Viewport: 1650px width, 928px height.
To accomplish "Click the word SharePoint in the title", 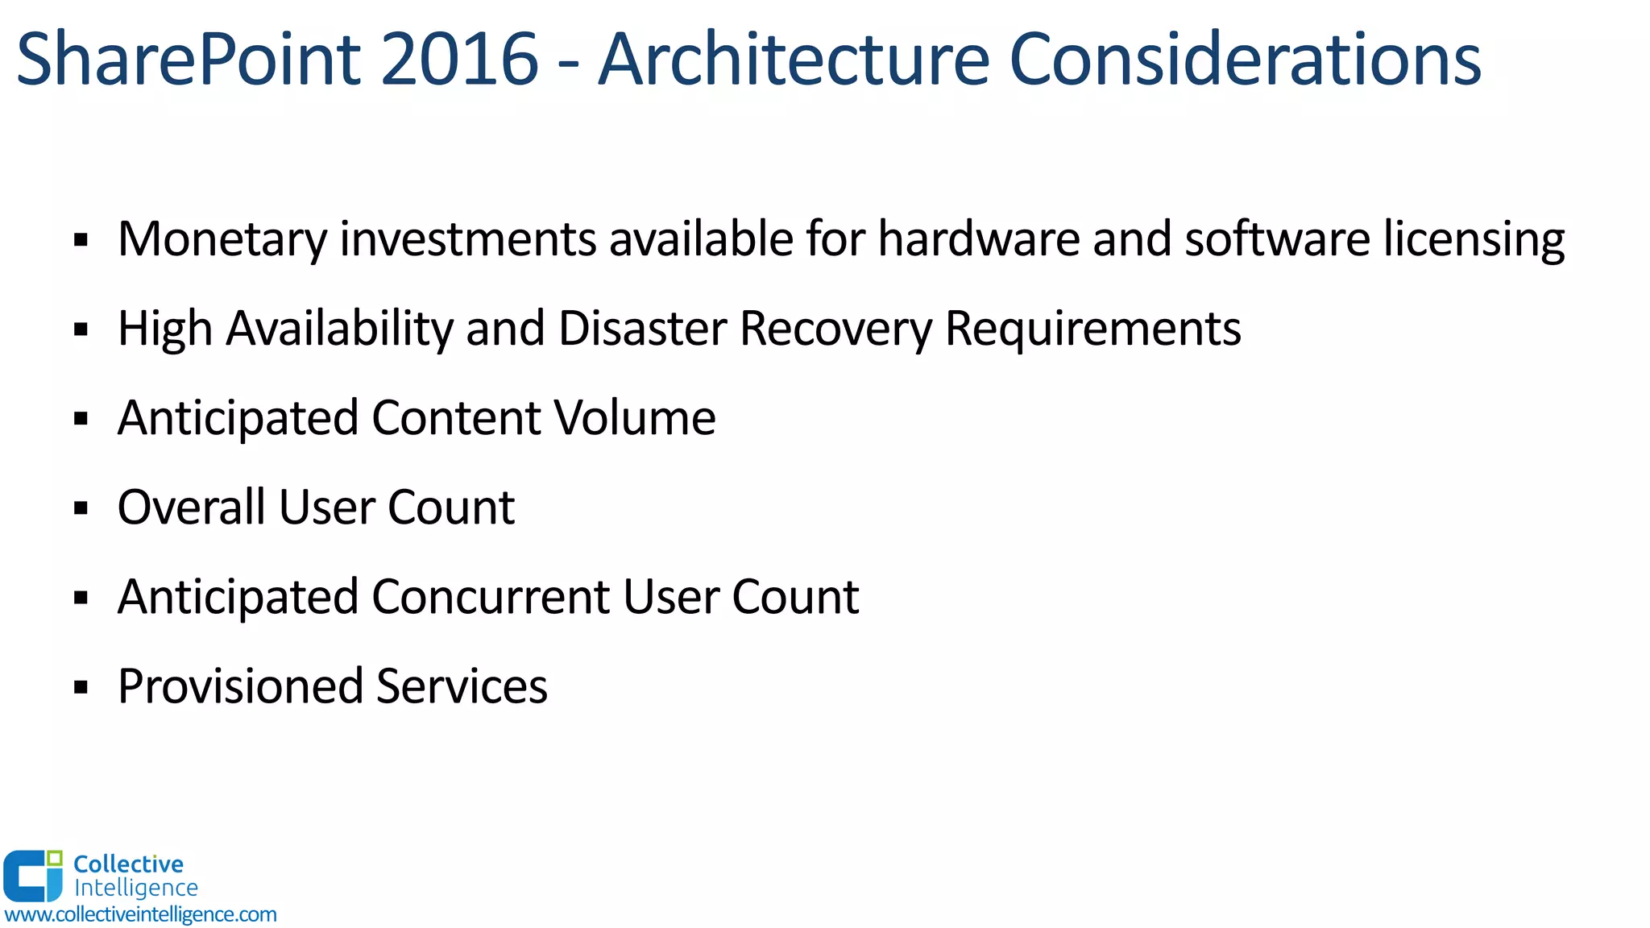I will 189,60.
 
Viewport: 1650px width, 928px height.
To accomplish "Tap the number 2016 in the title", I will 458,60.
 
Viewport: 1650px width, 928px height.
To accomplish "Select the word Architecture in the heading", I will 794,60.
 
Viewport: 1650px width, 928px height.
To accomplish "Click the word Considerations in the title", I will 1245,60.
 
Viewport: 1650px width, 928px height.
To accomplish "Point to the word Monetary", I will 222,240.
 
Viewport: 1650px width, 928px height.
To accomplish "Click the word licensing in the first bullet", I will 1474,240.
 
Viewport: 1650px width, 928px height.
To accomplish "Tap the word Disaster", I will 642,329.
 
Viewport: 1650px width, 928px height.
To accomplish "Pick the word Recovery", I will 835,329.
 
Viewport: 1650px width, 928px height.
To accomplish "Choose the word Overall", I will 191,507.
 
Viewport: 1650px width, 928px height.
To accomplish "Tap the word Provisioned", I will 240,687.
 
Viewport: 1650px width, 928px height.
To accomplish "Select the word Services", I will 462,686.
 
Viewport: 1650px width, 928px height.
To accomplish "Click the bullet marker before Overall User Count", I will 81,508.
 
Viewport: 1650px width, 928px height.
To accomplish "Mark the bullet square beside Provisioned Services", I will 81,687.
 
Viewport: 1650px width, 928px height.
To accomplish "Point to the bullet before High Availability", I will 81,329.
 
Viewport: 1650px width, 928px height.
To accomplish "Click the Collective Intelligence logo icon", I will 33,876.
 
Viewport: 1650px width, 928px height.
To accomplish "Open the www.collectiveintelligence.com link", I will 140,915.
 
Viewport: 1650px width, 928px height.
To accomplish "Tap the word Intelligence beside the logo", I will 135,888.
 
